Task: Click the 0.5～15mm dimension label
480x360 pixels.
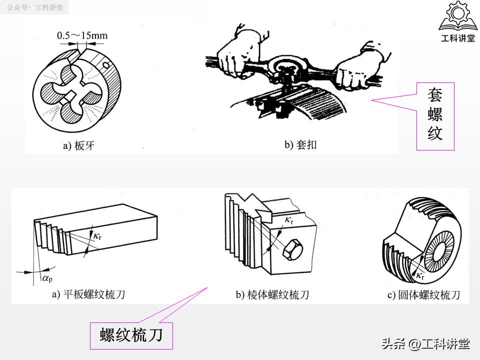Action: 82,35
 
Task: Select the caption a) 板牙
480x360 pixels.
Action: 78,146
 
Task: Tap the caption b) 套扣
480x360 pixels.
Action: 300,145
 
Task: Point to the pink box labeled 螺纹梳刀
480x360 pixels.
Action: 131,335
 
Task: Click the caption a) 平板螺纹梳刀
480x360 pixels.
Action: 88,294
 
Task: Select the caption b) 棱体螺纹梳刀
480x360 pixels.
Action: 272,294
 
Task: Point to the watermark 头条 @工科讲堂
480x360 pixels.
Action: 425,344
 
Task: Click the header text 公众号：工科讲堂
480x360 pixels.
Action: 35,8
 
